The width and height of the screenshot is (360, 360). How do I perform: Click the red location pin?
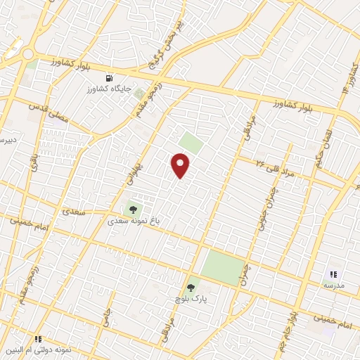tap(181, 166)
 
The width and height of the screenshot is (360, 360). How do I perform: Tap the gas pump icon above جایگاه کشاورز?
tap(109, 78)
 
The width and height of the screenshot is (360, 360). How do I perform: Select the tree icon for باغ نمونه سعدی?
tap(133, 209)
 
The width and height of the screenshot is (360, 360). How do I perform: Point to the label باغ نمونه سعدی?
tap(134, 220)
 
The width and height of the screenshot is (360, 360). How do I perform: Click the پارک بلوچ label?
tap(191, 300)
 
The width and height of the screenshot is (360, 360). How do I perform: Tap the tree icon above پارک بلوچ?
tap(191, 288)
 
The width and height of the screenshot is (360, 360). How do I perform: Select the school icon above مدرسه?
tap(334, 275)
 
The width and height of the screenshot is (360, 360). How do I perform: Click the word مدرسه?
tap(334, 285)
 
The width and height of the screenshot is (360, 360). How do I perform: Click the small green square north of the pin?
tap(190, 143)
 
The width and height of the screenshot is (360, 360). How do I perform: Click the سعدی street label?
tap(74, 211)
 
